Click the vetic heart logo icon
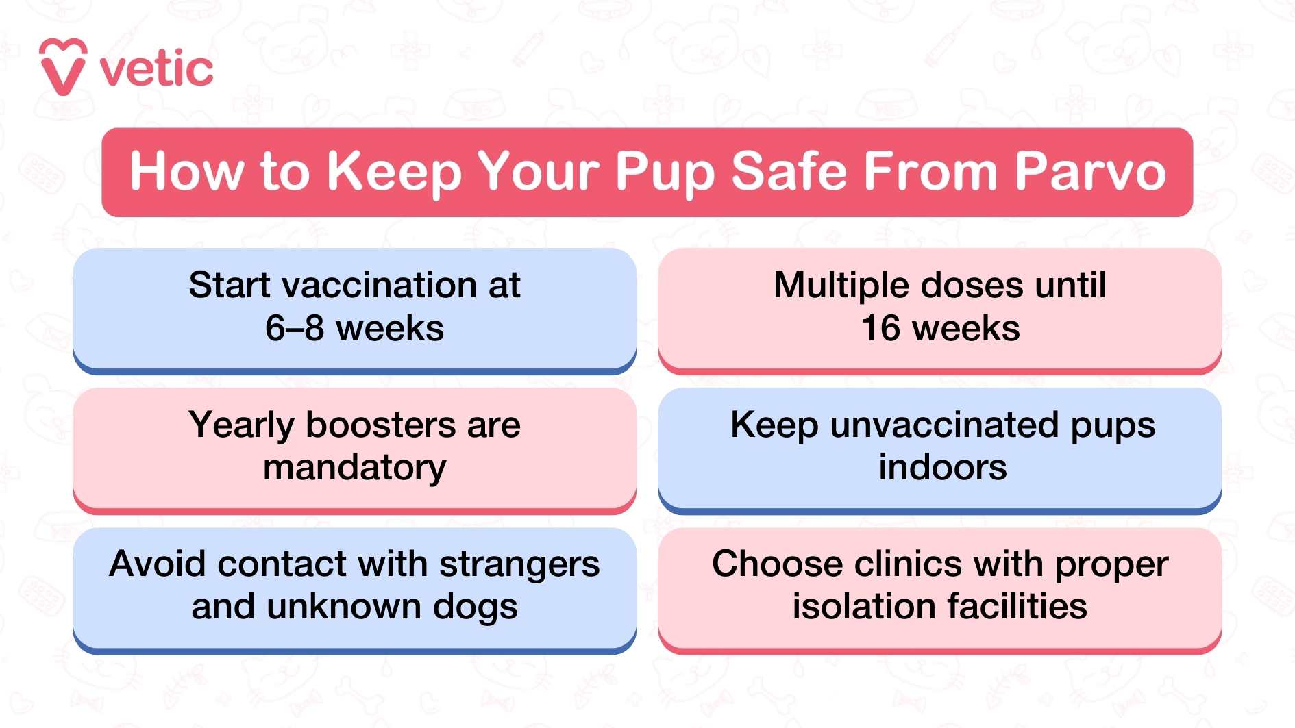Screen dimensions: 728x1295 point(62,67)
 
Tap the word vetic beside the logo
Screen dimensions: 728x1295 point(156,69)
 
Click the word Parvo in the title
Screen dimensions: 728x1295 point(1089,171)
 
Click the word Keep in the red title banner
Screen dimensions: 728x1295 point(394,173)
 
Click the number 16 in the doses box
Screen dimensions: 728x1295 point(880,328)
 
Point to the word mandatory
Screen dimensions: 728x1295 point(354,468)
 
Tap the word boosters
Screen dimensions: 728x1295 point(380,425)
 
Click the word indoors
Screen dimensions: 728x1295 point(943,468)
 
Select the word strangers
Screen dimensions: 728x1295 point(519,566)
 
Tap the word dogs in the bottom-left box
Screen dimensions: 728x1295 point(475,607)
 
